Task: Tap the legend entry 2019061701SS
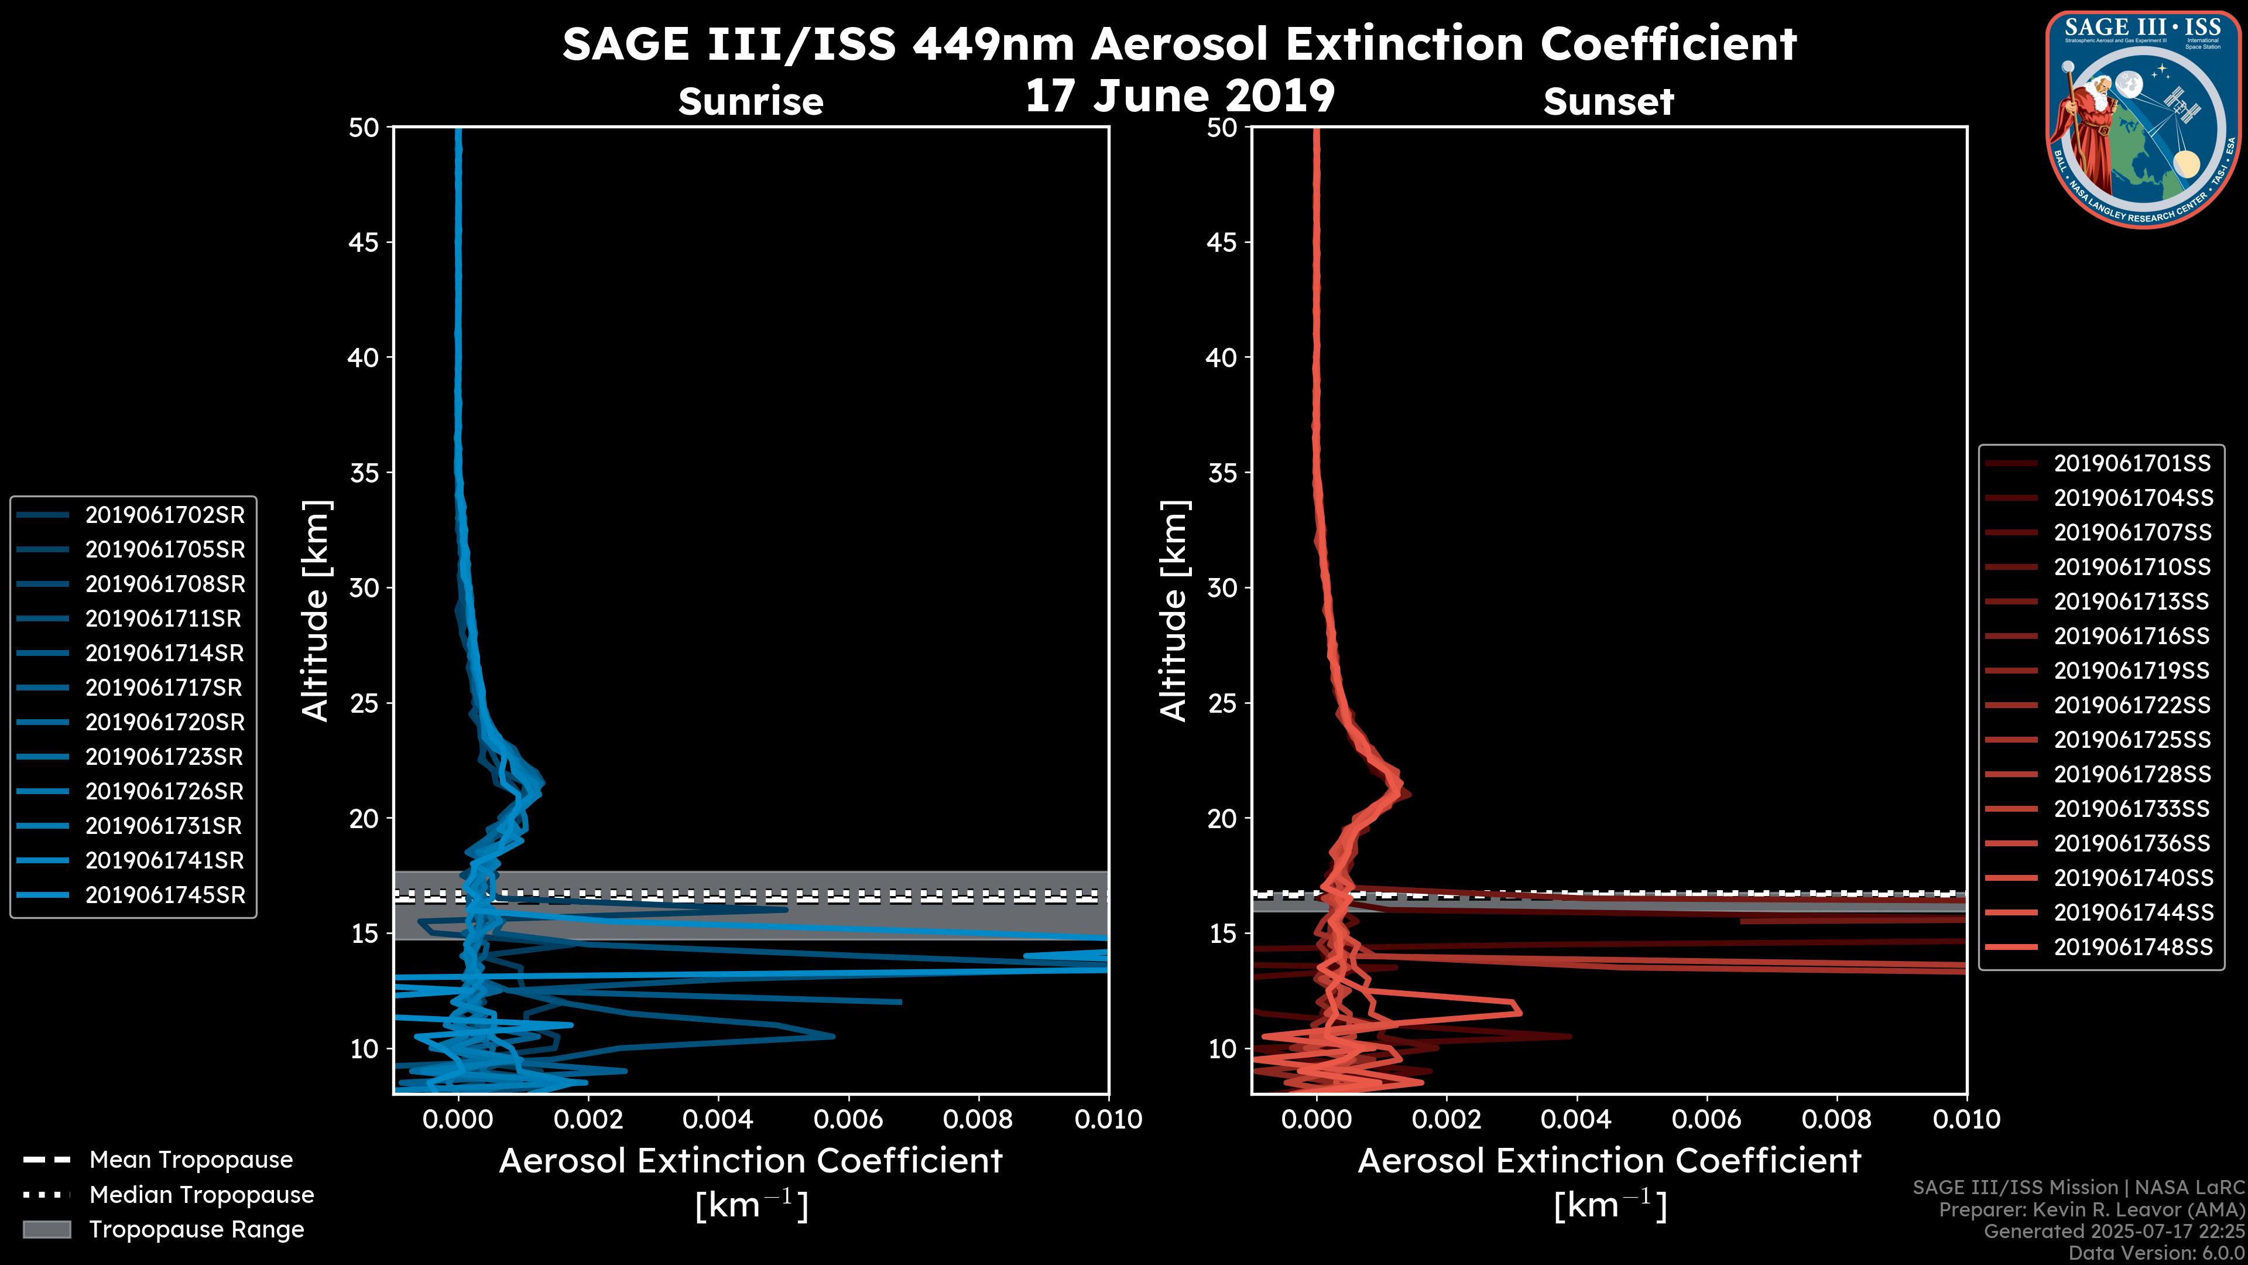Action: click(2132, 464)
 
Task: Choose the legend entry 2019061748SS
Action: click(2132, 947)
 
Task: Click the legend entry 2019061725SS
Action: click(2132, 740)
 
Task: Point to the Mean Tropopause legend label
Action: click(191, 1160)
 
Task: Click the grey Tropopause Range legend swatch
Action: click(46, 1229)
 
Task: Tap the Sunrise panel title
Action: click(751, 101)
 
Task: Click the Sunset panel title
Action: click(1608, 101)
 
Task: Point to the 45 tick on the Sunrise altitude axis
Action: click(363, 242)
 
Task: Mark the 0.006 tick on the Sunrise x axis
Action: click(848, 1119)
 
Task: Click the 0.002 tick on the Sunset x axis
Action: click(1446, 1119)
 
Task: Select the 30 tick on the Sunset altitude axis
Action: click(1222, 587)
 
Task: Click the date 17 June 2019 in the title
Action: click(1180, 96)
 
